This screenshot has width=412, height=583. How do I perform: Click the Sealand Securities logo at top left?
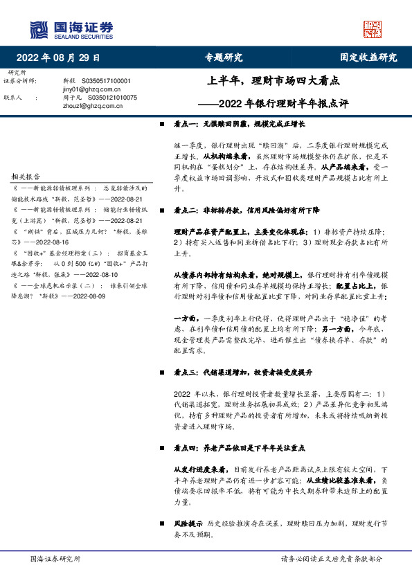click(71, 28)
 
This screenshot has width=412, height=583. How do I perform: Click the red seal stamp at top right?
click(373, 28)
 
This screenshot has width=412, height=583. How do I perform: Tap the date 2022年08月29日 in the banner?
click(57, 57)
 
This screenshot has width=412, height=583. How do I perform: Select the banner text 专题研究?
click(224, 57)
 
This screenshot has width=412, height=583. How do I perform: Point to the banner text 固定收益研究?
click(368, 57)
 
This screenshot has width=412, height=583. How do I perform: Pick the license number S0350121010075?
click(109, 98)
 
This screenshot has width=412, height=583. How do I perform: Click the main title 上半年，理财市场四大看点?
click(274, 81)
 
